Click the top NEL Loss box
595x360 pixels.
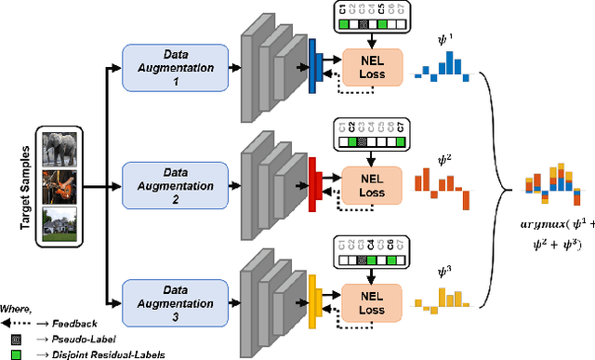click(x=371, y=67)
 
